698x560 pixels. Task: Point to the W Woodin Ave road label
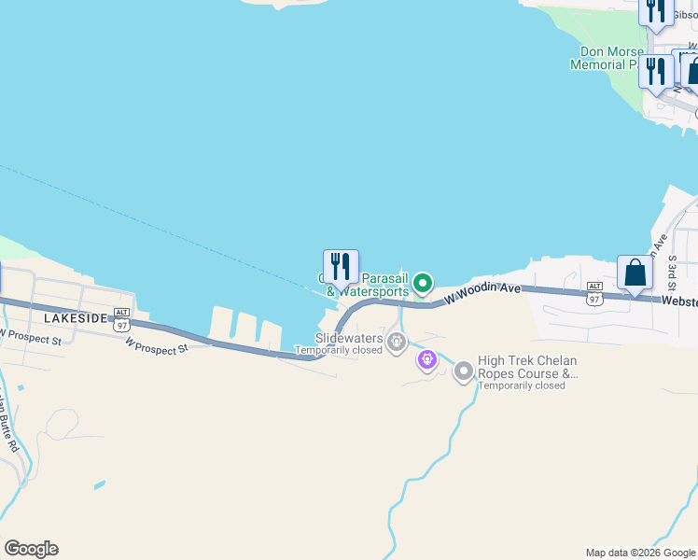click(482, 293)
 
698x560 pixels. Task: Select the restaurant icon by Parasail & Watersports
click(341, 267)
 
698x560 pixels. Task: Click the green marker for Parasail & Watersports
click(423, 282)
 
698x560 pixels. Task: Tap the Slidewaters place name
click(349, 338)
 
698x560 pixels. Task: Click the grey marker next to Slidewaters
click(397, 343)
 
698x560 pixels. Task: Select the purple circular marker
click(427, 357)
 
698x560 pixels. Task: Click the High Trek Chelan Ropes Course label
click(527, 367)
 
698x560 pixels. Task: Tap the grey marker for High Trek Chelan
click(463, 372)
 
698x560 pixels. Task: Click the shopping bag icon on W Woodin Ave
click(635, 273)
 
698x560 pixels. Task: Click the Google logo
click(31, 549)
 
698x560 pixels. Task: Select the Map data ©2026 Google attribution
click(639, 553)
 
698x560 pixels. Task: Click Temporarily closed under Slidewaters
click(339, 351)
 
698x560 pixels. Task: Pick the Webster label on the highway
click(679, 301)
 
